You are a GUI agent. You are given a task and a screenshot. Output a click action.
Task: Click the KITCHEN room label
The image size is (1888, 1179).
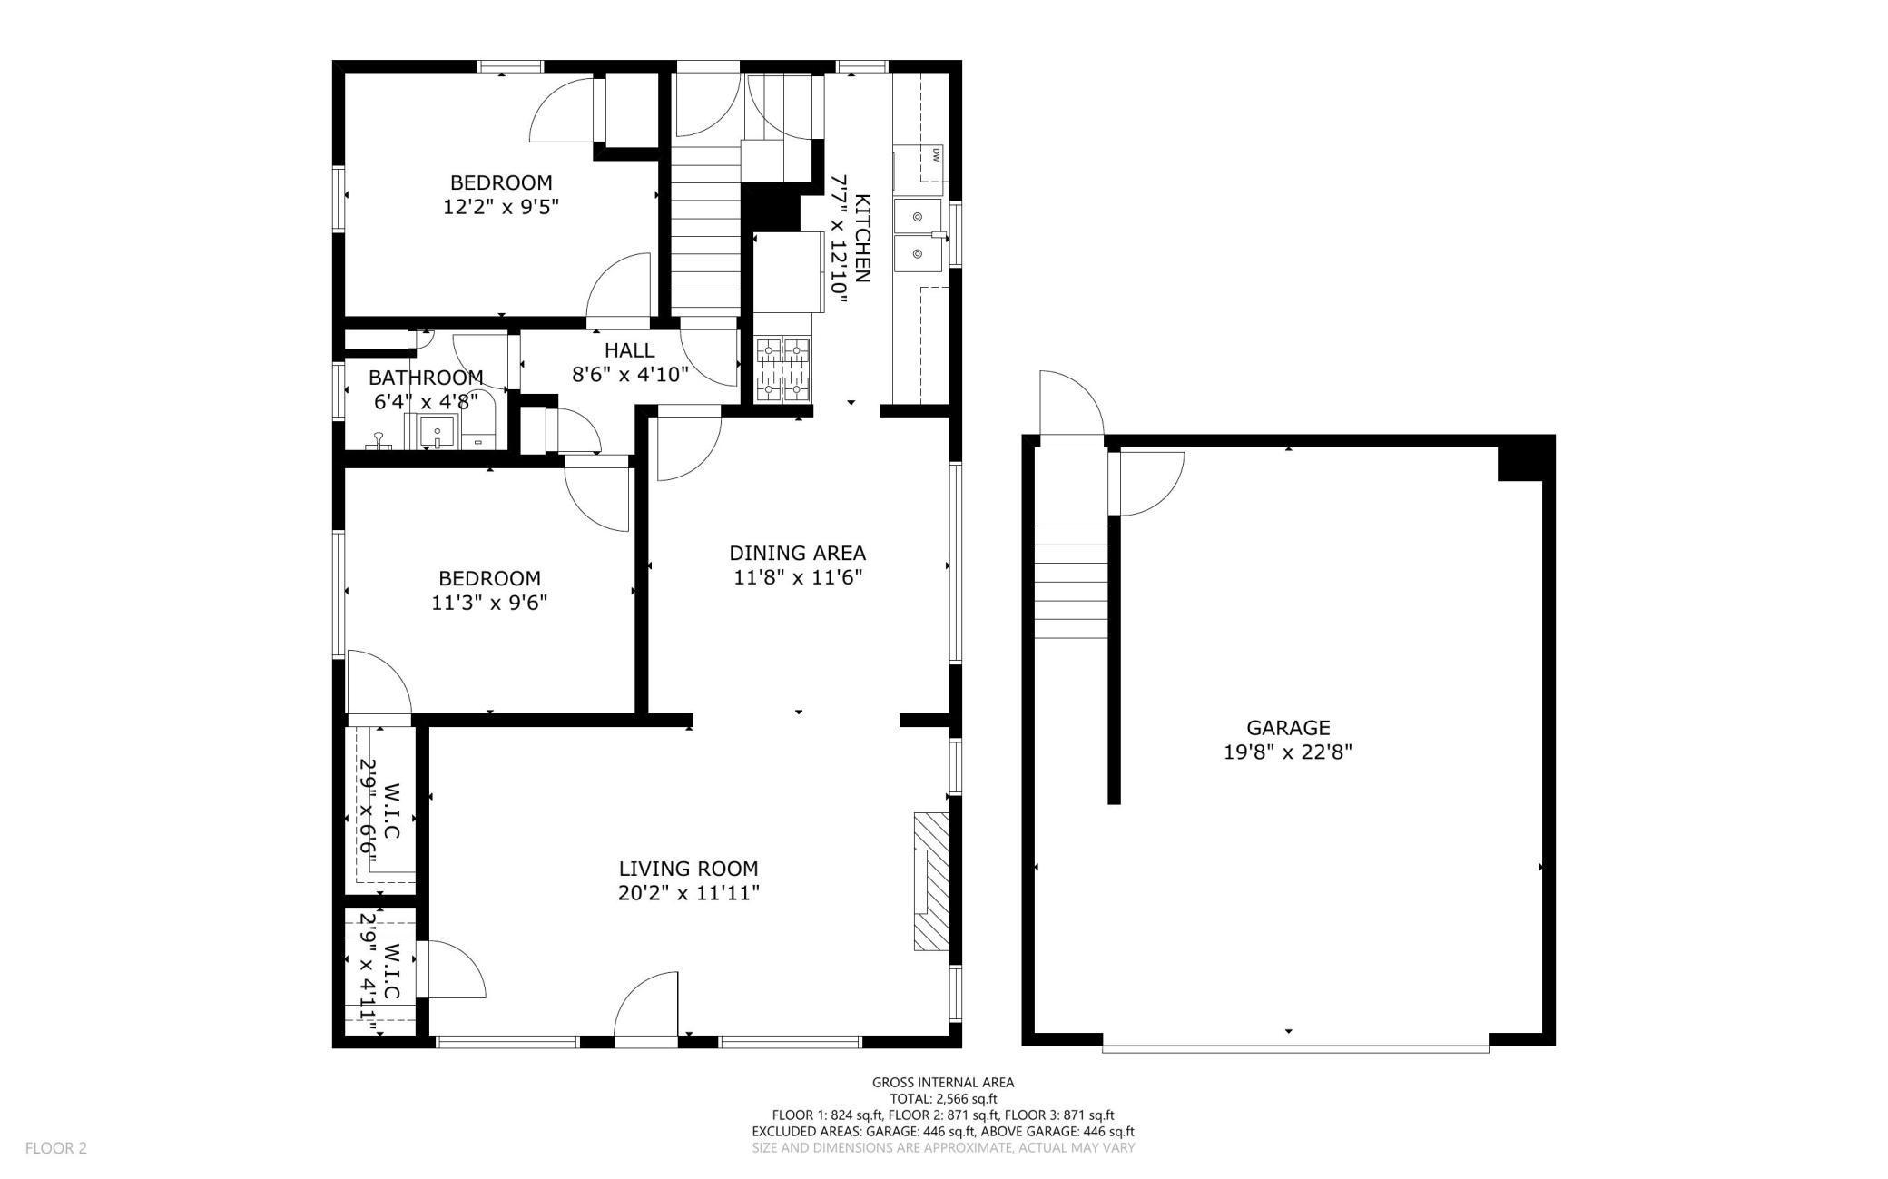tap(863, 238)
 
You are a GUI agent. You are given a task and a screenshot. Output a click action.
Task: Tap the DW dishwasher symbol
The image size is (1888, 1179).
tap(933, 154)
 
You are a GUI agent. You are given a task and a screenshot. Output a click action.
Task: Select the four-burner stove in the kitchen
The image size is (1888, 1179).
tap(782, 369)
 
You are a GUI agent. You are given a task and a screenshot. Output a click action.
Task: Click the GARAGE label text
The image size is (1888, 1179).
tap(1288, 727)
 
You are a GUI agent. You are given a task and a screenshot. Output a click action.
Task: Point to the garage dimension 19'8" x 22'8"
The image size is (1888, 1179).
tap(1288, 752)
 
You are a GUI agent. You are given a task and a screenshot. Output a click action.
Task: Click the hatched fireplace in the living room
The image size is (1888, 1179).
tap(931, 881)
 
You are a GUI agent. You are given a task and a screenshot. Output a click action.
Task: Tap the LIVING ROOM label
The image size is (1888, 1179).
tap(688, 869)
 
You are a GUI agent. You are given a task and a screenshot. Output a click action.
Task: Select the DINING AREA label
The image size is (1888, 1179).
tap(798, 553)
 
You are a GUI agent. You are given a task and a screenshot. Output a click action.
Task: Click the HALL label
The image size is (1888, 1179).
tap(630, 350)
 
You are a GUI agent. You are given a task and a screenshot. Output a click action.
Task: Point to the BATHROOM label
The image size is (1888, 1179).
tap(426, 378)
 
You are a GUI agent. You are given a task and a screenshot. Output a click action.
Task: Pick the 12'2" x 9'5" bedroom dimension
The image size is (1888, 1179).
tap(501, 207)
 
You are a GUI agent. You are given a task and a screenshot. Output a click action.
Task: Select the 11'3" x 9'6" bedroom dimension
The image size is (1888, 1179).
tap(490, 603)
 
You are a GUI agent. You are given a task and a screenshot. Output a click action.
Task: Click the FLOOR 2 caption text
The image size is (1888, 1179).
tap(56, 1148)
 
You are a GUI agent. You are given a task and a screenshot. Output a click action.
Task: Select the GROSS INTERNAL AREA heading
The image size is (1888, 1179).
tap(943, 1082)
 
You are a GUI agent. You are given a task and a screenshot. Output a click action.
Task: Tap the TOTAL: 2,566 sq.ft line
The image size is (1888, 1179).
tap(943, 1098)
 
